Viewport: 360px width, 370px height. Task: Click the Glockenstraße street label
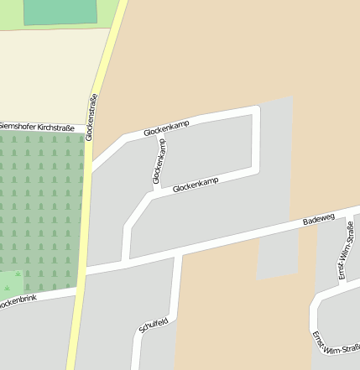coord(92,117)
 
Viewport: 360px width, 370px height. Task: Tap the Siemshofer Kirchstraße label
coord(37,127)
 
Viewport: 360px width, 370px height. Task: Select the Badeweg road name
coord(318,220)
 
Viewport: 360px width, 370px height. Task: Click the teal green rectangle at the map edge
coord(60,11)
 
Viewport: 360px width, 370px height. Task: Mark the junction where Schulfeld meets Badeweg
coord(177,254)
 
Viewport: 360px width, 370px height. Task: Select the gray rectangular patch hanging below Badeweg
coord(277,256)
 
